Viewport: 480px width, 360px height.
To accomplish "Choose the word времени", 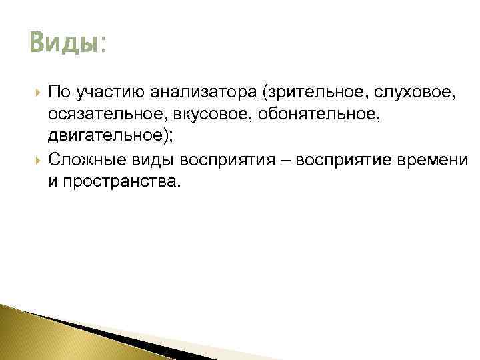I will [x=441, y=160].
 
